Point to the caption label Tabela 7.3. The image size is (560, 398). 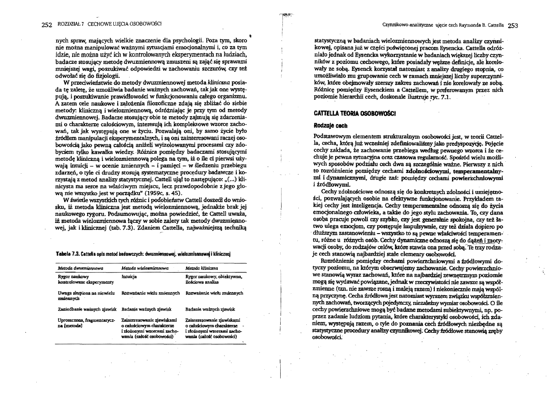65,254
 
